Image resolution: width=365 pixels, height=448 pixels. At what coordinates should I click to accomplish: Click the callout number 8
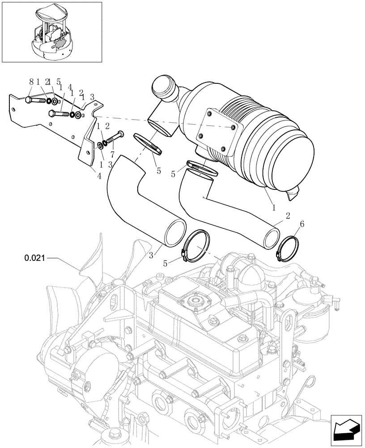point(31,82)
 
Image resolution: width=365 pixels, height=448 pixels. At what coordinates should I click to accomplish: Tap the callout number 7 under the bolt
point(112,154)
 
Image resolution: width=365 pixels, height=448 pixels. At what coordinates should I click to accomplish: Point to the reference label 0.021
point(34,258)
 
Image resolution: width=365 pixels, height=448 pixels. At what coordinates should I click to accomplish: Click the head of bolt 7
point(120,134)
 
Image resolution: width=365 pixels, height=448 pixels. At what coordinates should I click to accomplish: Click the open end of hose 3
point(175,233)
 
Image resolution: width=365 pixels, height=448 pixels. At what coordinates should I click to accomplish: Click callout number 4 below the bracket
point(99,176)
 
